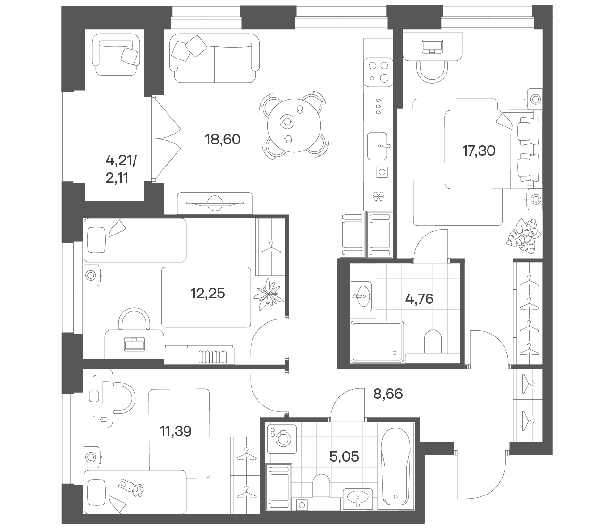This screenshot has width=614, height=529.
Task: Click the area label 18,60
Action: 222,139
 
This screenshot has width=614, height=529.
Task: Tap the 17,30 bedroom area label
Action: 479,151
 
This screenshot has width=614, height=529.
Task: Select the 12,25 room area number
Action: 208,294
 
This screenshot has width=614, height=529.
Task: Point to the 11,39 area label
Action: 176,431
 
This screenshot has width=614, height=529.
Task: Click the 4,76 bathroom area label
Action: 420,299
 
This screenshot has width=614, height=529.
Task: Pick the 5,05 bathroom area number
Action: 344,456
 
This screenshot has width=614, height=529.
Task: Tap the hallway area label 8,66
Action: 388,394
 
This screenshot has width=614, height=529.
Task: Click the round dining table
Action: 294,126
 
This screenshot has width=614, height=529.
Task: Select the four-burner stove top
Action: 378,72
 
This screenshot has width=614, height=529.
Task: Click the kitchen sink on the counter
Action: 377,146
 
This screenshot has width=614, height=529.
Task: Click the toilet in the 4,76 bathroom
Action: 433,341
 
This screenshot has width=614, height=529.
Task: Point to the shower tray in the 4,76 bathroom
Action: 377,342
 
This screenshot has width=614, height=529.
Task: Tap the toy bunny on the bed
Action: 131,488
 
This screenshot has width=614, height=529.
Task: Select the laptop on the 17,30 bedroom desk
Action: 432,47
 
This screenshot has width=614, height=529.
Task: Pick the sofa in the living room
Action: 214,58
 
